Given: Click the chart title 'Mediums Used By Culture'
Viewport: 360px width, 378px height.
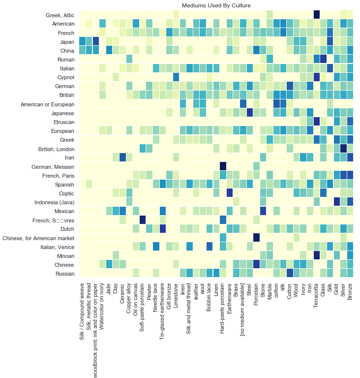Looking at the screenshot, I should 216,5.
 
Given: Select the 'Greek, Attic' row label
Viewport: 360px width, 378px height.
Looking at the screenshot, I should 60,15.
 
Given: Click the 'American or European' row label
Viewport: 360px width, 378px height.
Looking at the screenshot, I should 48,104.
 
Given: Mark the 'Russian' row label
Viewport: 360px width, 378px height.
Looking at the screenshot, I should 63,274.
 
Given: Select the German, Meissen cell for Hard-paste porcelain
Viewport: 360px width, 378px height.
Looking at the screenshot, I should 223,166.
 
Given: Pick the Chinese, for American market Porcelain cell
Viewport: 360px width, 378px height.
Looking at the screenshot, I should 256,238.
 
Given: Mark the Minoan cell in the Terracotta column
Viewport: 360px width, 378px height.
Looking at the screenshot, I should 317,255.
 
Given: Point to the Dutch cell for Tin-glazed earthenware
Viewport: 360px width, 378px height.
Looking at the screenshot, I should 162,229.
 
